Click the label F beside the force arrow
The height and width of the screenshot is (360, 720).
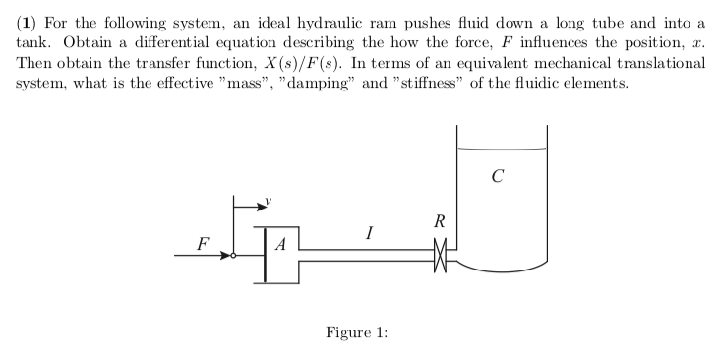click(x=203, y=241)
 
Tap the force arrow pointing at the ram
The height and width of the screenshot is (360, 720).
click(x=206, y=256)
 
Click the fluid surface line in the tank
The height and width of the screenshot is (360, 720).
click(x=502, y=150)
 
